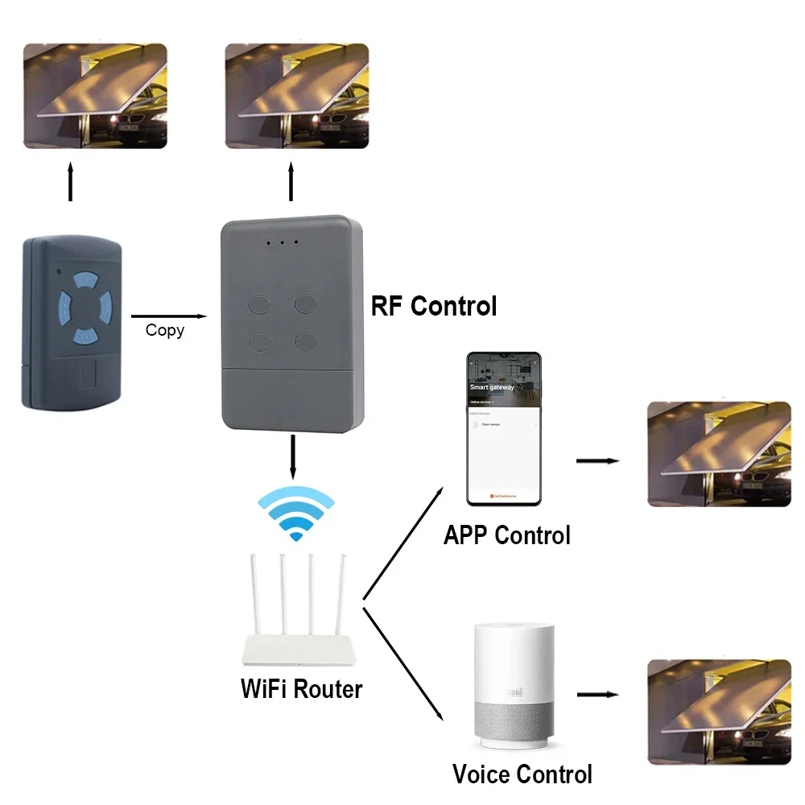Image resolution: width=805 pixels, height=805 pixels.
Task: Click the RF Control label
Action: click(433, 307)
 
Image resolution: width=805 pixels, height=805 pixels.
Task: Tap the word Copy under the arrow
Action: click(165, 330)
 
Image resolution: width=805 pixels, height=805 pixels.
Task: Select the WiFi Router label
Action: click(302, 689)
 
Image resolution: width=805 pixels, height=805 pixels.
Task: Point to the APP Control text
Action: click(506, 535)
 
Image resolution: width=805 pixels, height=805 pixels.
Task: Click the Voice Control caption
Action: click(522, 774)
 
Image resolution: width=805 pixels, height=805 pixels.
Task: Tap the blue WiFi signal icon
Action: click(295, 516)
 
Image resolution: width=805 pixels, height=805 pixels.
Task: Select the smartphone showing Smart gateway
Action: click(504, 428)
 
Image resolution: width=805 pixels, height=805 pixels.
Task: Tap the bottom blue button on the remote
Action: click(84, 334)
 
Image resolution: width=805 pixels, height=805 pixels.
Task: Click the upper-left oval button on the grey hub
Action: click(261, 303)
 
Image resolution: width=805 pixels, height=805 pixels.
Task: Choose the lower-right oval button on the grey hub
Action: click(308, 341)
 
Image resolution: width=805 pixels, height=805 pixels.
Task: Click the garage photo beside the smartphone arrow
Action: click(720, 454)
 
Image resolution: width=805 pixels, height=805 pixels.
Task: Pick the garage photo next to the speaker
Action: click(720, 712)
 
